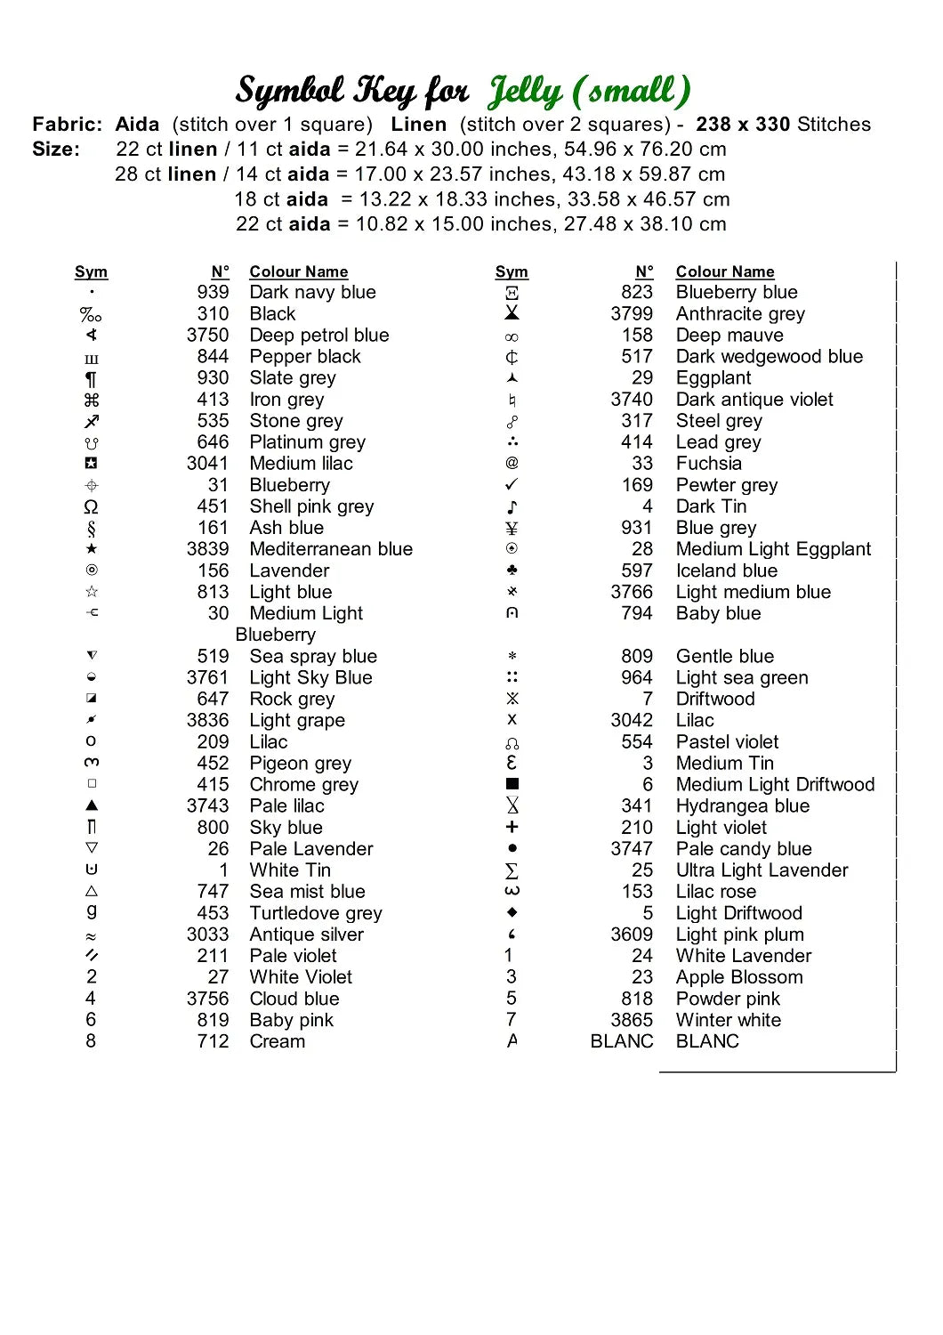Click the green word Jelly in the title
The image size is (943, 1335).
coord(525,92)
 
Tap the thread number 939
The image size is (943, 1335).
coord(213,292)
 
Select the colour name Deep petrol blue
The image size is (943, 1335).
coord(319,335)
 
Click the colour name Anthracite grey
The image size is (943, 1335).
coord(740,313)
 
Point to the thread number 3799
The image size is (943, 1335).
coord(632,313)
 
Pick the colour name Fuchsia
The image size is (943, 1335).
coord(709,463)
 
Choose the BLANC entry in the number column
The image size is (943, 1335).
coord(622,1041)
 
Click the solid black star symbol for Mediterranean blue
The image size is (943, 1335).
coord(92,549)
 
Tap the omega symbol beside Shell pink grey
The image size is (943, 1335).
coord(91,506)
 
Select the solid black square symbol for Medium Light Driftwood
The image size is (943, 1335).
coord(512,784)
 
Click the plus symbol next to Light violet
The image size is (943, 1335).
coord(512,827)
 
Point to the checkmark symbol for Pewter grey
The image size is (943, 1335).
coord(512,484)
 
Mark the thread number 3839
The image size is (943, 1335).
coord(207,549)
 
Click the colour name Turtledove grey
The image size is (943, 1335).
coord(316,913)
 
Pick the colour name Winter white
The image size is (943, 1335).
coord(729,1020)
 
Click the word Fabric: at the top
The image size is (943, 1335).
coord(68,125)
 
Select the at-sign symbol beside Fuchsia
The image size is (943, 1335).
coord(512,463)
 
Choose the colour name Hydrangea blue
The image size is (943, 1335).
coord(743,805)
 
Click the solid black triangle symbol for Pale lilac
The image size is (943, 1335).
coord(92,805)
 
